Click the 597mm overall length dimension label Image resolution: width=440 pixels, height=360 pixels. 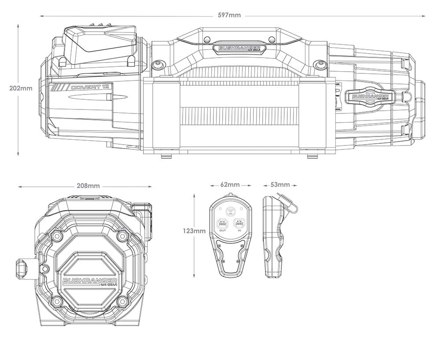tap(229, 15)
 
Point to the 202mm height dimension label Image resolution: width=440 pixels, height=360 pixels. tap(20, 88)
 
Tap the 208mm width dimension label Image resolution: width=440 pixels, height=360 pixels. tap(88, 185)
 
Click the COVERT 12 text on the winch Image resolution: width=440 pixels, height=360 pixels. tap(90, 87)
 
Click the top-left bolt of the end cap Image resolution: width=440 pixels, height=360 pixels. tap(56, 236)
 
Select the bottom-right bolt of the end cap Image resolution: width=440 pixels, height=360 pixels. tap(123, 302)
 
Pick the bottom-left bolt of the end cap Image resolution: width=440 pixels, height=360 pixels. tap(56, 302)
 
